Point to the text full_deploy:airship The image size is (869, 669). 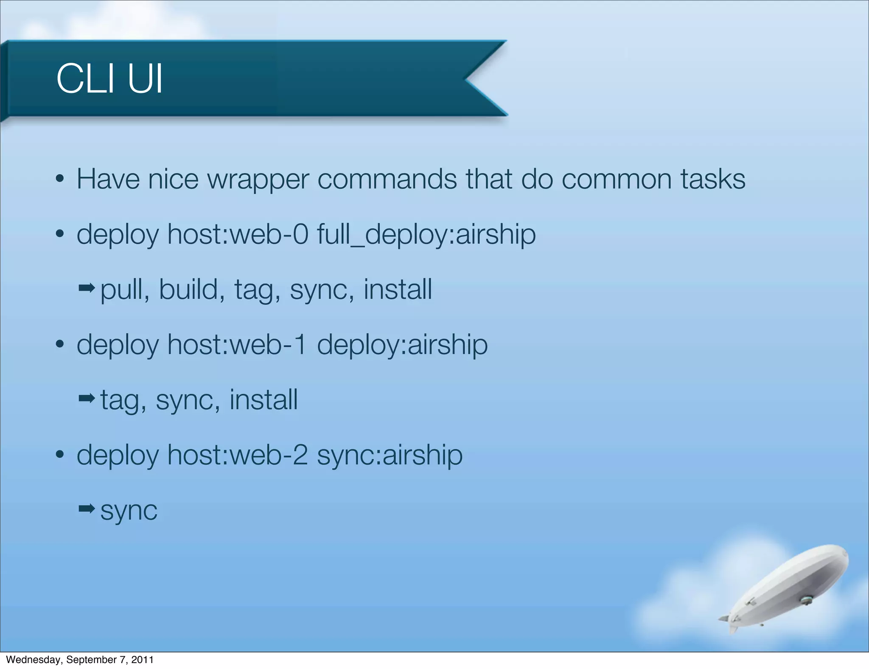426,235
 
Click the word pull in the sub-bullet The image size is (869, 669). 125,290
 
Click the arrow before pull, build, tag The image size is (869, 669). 87,289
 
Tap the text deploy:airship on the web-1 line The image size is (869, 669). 402,345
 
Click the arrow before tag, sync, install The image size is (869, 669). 87,398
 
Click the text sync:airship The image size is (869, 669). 390,455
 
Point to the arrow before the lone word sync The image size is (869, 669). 87,508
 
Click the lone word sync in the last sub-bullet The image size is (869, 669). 129,511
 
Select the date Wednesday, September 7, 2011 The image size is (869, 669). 80,660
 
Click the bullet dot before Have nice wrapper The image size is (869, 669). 60,179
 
